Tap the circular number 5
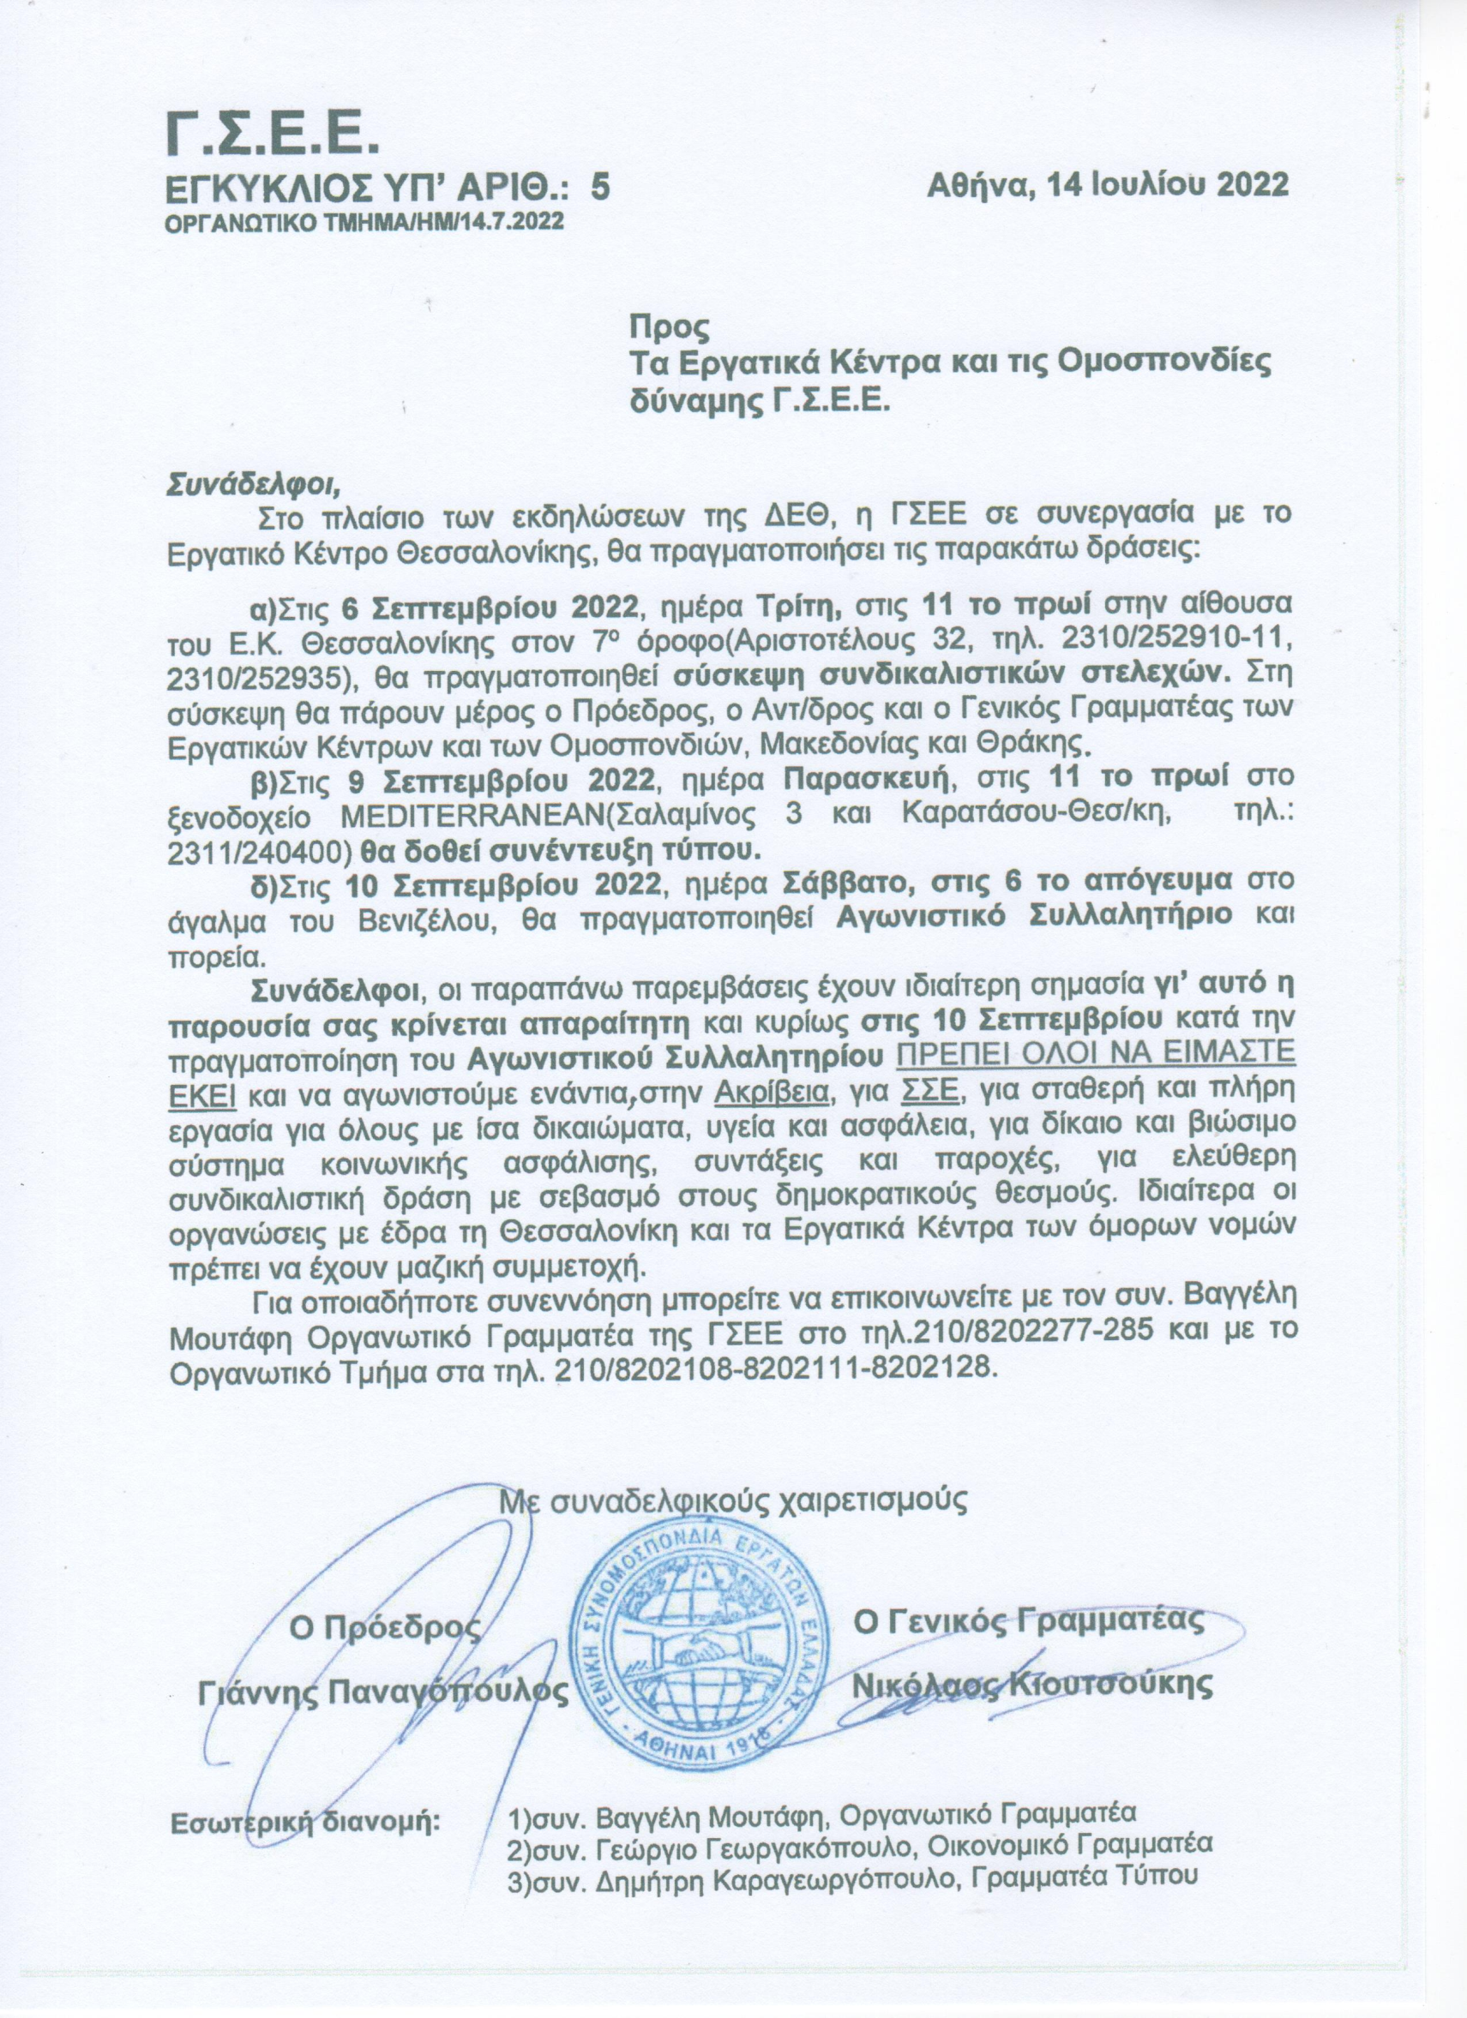click(601, 186)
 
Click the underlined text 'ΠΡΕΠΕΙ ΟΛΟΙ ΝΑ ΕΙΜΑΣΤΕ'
click(1095, 1057)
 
